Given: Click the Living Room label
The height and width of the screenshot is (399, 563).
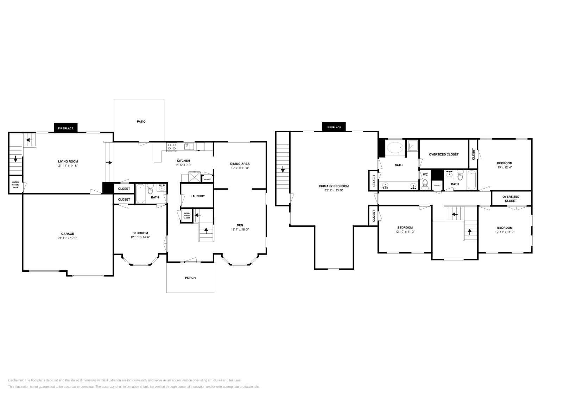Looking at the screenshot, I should tap(68, 161).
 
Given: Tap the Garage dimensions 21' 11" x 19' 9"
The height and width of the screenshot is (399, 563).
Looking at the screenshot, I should tap(68, 238).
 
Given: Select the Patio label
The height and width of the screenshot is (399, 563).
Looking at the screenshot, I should tap(141, 122).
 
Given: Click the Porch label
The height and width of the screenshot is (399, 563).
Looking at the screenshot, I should tap(190, 278).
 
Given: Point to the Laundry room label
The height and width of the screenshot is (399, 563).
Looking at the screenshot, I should tap(197, 196).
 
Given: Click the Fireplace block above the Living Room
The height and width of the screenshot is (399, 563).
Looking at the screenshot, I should tap(66, 128).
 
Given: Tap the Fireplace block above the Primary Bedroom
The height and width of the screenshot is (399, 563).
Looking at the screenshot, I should tap(334, 127).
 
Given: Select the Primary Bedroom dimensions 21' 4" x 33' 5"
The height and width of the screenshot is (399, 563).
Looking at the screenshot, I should tap(334, 191).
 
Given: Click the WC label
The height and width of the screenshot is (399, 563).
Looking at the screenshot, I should tap(425, 174).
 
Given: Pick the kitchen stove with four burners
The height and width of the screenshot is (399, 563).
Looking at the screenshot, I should tap(172, 147).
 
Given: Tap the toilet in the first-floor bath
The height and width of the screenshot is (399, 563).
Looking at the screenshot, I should tap(151, 190).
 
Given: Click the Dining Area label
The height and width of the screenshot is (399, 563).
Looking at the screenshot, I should tap(240, 164).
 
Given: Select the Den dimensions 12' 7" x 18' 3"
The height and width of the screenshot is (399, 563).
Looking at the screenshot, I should tap(240, 229).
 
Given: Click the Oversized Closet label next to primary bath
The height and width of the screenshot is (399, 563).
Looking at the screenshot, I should tap(444, 154).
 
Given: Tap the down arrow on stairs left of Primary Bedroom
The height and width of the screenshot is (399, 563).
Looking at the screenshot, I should tap(283, 170).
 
